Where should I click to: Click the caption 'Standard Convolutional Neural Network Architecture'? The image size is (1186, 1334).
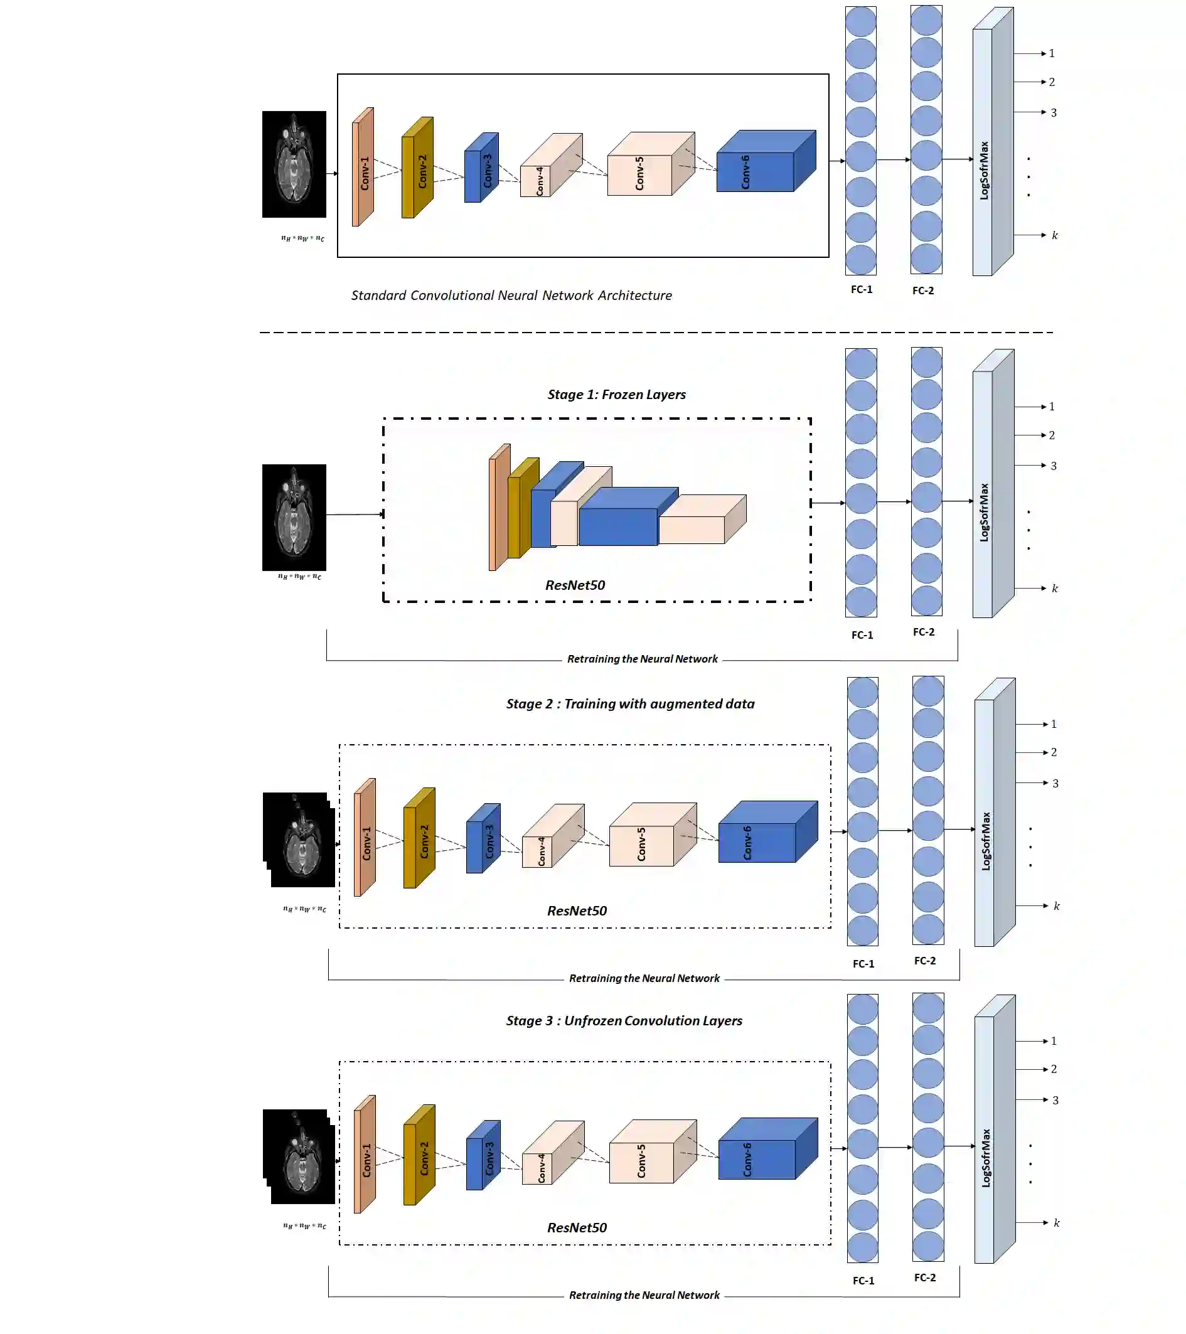tap(511, 296)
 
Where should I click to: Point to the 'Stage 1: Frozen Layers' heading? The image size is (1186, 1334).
tap(616, 395)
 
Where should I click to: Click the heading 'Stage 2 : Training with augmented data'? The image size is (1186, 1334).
tap(630, 704)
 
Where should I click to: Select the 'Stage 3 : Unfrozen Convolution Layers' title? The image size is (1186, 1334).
tap(624, 1021)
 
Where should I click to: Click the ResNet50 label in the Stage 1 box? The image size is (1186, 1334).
tap(575, 585)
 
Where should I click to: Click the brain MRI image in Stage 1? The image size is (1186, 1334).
tap(294, 517)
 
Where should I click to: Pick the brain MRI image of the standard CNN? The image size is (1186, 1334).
tap(294, 164)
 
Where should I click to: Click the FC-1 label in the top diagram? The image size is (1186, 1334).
tap(861, 290)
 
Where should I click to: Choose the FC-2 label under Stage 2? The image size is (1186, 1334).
tap(924, 961)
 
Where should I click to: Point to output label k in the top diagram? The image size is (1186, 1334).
tap(1054, 235)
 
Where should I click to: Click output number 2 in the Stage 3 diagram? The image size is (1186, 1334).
tap(1054, 1069)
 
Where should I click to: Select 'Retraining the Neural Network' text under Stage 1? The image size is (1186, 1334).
tap(643, 659)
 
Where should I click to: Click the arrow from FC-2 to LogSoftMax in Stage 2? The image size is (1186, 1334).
tap(959, 830)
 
